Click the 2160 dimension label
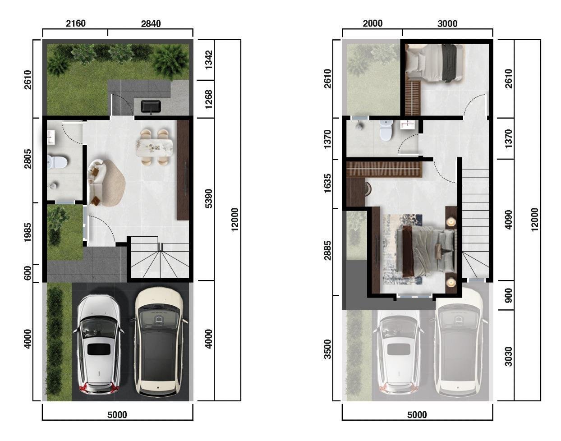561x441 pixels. click(x=76, y=23)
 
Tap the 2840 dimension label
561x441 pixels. click(x=151, y=24)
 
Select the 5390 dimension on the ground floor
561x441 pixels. click(x=209, y=198)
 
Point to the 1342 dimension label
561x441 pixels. click(x=209, y=60)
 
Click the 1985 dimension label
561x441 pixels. click(x=28, y=233)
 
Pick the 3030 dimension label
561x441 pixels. click(x=509, y=356)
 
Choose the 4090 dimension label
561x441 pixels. click(x=509, y=220)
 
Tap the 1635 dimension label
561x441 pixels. click(x=327, y=183)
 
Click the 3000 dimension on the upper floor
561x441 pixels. click(x=447, y=24)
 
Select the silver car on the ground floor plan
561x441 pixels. click(x=99, y=344)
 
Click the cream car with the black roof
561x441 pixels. click(x=159, y=342)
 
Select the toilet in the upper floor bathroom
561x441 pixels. click(x=386, y=130)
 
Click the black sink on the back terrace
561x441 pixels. click(x=151, y=107)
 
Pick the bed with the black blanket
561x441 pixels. click(x=435, y=62)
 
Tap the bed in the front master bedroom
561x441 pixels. click(x=427, y=251)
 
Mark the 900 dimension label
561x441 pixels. click(x=509, y=295)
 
